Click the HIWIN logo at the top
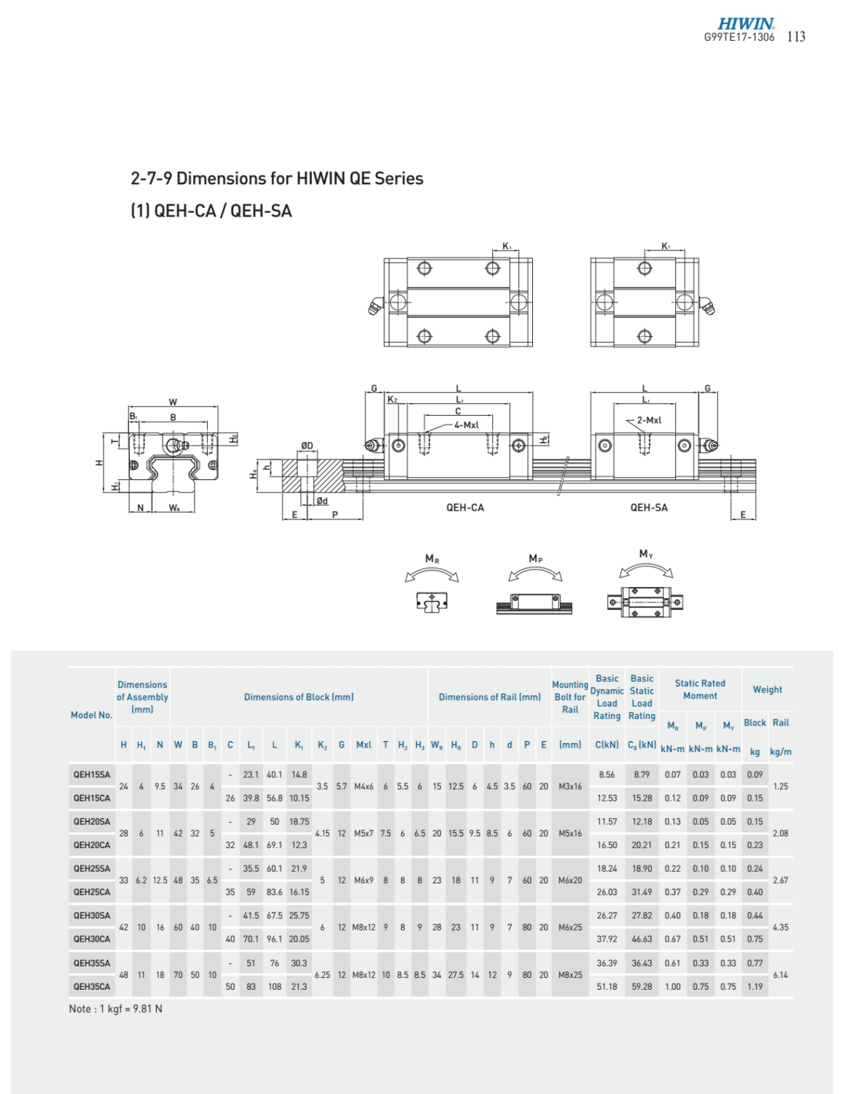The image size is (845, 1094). (x=745, y=24)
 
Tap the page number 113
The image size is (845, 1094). (x=796, y=36)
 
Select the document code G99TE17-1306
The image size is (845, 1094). (x=739, y=37)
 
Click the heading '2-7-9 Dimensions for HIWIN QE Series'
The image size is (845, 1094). (x=276, y=179)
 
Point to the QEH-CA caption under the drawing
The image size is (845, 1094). (x=464, y=508)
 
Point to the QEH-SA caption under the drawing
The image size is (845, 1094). (x=648, y=508)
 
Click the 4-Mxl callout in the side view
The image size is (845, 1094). (x=466, y=425)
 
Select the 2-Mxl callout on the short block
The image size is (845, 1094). (x=649, y=421)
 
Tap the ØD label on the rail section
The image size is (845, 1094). (x=307, y=446)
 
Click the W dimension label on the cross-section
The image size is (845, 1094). (x=173, y=402)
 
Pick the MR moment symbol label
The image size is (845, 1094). (x=432, y=559)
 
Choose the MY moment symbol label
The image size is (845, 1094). (x=646, y=554)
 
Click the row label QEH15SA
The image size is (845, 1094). (x=92, y=775)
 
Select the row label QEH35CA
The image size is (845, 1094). (x=92, y=986)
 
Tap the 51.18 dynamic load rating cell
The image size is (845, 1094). (x=607, y=986)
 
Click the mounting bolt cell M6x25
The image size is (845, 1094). (x=570, y=928)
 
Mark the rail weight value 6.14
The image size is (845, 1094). (x=780, y=974)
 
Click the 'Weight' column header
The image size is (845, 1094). (x=767, y=689)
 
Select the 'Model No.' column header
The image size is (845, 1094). (x=92, y=715)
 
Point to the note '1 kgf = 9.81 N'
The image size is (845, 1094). (x=116, y=1009)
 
